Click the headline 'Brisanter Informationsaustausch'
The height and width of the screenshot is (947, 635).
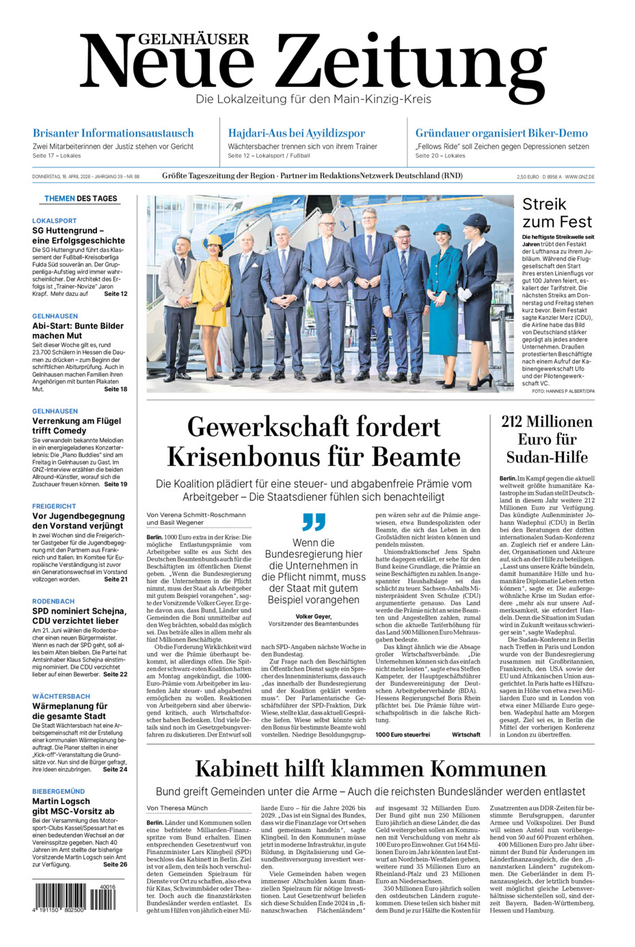(113, 133)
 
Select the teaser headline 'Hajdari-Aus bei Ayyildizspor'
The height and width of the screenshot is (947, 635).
(296, 133)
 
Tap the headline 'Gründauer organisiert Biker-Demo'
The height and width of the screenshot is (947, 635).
(501, 133)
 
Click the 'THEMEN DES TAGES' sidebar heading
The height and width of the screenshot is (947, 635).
(81, 199)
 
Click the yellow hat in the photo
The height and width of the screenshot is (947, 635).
(214, 241)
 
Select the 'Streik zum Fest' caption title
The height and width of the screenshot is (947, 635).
(556, 212)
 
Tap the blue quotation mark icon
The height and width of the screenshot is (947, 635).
(314, 522)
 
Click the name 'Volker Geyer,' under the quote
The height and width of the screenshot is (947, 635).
(313, 616)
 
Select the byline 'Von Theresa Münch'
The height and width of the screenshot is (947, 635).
(177, 808)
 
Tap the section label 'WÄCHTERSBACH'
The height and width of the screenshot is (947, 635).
(61, 696)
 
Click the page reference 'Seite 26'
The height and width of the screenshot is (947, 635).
(114, 864)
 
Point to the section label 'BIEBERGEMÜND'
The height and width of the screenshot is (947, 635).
(59, 791)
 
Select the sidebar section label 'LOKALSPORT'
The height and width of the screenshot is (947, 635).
(55, 221)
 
